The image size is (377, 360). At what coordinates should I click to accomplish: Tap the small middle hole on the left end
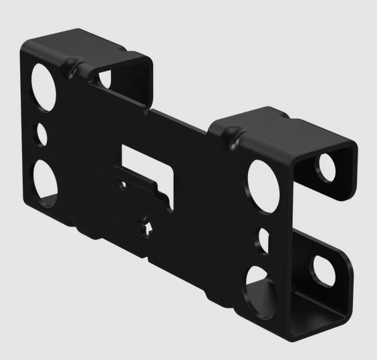42,133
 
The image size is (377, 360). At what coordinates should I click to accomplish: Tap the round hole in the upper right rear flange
328,167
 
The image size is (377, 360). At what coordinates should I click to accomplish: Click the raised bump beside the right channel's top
234,140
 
